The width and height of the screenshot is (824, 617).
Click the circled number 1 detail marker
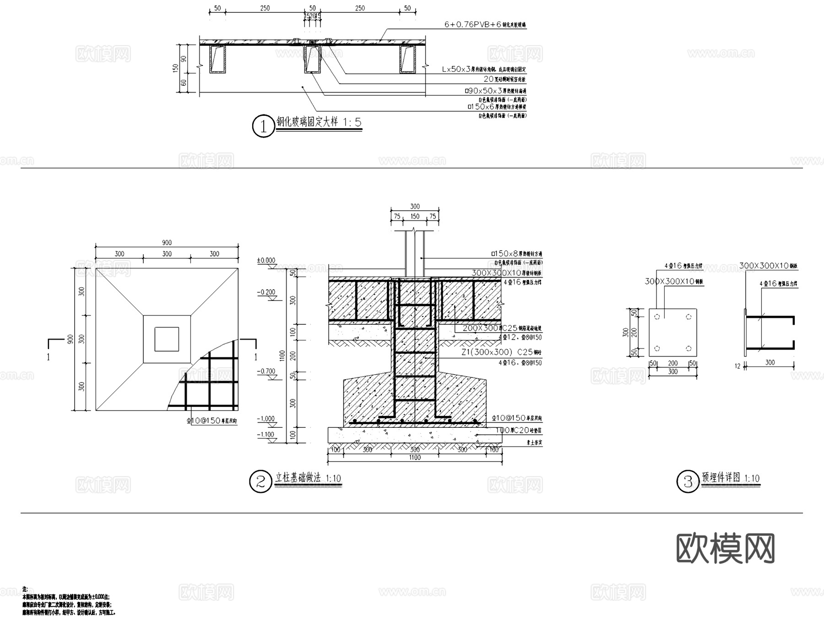click(x=263, y=126)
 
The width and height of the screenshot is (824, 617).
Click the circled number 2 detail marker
click(x=260, y=481)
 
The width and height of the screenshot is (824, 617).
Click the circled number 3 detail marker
click(x=688, y=482)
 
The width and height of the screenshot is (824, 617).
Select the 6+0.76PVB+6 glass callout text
click(x=485, y=24)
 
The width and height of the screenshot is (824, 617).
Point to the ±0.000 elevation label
click(x=266, y=260)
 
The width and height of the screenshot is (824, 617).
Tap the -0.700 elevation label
click(x=266, y=371)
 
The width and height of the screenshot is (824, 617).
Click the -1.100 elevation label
click(x=266, y=434)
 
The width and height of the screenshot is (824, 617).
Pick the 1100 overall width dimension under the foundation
click(x=414, y=457)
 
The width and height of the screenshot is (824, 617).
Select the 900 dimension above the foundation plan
click(x=167, y=243)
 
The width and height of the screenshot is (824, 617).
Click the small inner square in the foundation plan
click(x=167, y=339)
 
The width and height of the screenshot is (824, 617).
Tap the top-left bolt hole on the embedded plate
click(x=657, y=317)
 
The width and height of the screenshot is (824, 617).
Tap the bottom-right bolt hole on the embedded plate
click(x=688, y=349)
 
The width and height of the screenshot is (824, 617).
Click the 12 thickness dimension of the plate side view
click(x=737, y=366)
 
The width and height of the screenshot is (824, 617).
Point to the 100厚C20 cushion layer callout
click(x=519, y=430)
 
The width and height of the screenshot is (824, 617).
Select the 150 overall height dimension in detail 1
click(x=175, y=68)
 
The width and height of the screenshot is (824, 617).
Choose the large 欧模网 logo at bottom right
click(x=725, y=548)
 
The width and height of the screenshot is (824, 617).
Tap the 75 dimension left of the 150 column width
click(x=397, y=216)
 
